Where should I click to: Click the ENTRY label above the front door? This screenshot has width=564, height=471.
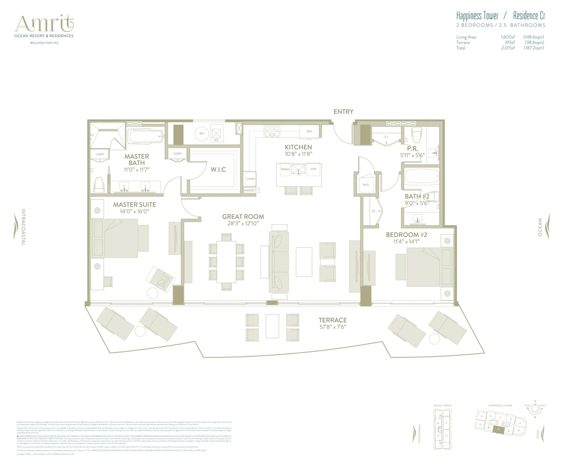pyautogui.click(x=343, y=112)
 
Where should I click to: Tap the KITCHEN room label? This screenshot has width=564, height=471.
pyautogui.click(x=298, y=147)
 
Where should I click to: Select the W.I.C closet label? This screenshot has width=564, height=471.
pyautogui.click(x=218, y=169)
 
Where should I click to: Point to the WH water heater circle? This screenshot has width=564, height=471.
pyautogui.click(x=202, y=133)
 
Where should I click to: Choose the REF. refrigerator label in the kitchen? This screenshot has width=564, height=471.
pyautogui.click(x=310, y=131)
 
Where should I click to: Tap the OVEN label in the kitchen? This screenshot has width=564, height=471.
pyautogui.click(x=251, y=179)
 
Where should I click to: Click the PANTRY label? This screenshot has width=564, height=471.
pyautogui.click(x=250, y=190)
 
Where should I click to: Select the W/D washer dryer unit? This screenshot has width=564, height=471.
pyautogui.click(x=366, y=184)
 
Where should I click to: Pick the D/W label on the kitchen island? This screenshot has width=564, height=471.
pyautogui.click(x=313, y=169)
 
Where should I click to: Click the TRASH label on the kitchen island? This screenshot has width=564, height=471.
pyautogui.click(x=285, y=169)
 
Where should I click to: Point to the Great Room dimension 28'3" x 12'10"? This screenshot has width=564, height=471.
pyautogui.click(x=243, y=224)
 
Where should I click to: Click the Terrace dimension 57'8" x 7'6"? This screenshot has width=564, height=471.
pyautogui.click(x=333, y=327)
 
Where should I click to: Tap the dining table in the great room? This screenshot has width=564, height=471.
pyautogui.click(x=226, y=262)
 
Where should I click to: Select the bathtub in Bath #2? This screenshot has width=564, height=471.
pyautogui.click(x=421, y=176)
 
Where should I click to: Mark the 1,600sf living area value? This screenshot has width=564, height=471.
pyautogui.click(x=507, y=37)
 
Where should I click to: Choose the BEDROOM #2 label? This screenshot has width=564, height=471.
pyautogui.click(x=406, y=235)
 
